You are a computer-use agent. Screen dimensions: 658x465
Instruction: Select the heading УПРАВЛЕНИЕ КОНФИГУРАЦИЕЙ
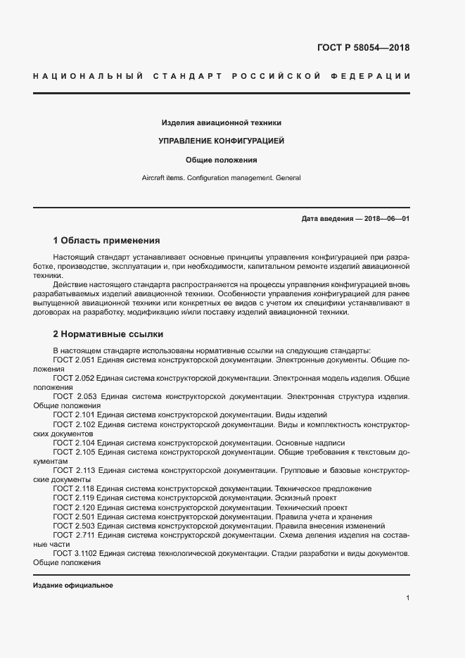click(221, 141)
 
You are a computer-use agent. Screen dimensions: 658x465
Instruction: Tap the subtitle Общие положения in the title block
click(221, 160)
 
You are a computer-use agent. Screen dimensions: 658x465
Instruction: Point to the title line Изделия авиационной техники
click(221, 122)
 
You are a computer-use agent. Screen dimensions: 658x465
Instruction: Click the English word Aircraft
click(155, 178)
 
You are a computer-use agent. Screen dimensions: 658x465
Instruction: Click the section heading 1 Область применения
click(106, 240)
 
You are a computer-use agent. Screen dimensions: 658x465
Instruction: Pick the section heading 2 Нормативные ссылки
click(108, 334)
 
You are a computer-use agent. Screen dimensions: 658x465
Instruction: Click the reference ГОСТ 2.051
click(73, 360)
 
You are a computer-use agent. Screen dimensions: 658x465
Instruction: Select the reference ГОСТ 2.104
click(73, 443)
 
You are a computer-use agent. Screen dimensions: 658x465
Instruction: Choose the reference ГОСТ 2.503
click(73, 526)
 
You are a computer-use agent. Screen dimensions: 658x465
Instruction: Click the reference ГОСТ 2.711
click(73, 536)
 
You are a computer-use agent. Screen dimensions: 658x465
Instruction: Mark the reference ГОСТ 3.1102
click(76, 554)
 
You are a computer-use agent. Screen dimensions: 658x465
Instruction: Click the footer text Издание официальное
click(73, 586)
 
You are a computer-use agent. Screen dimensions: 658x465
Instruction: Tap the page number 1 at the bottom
click(407, 598)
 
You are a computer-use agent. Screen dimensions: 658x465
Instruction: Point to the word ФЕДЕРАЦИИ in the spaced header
click(376, 75)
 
